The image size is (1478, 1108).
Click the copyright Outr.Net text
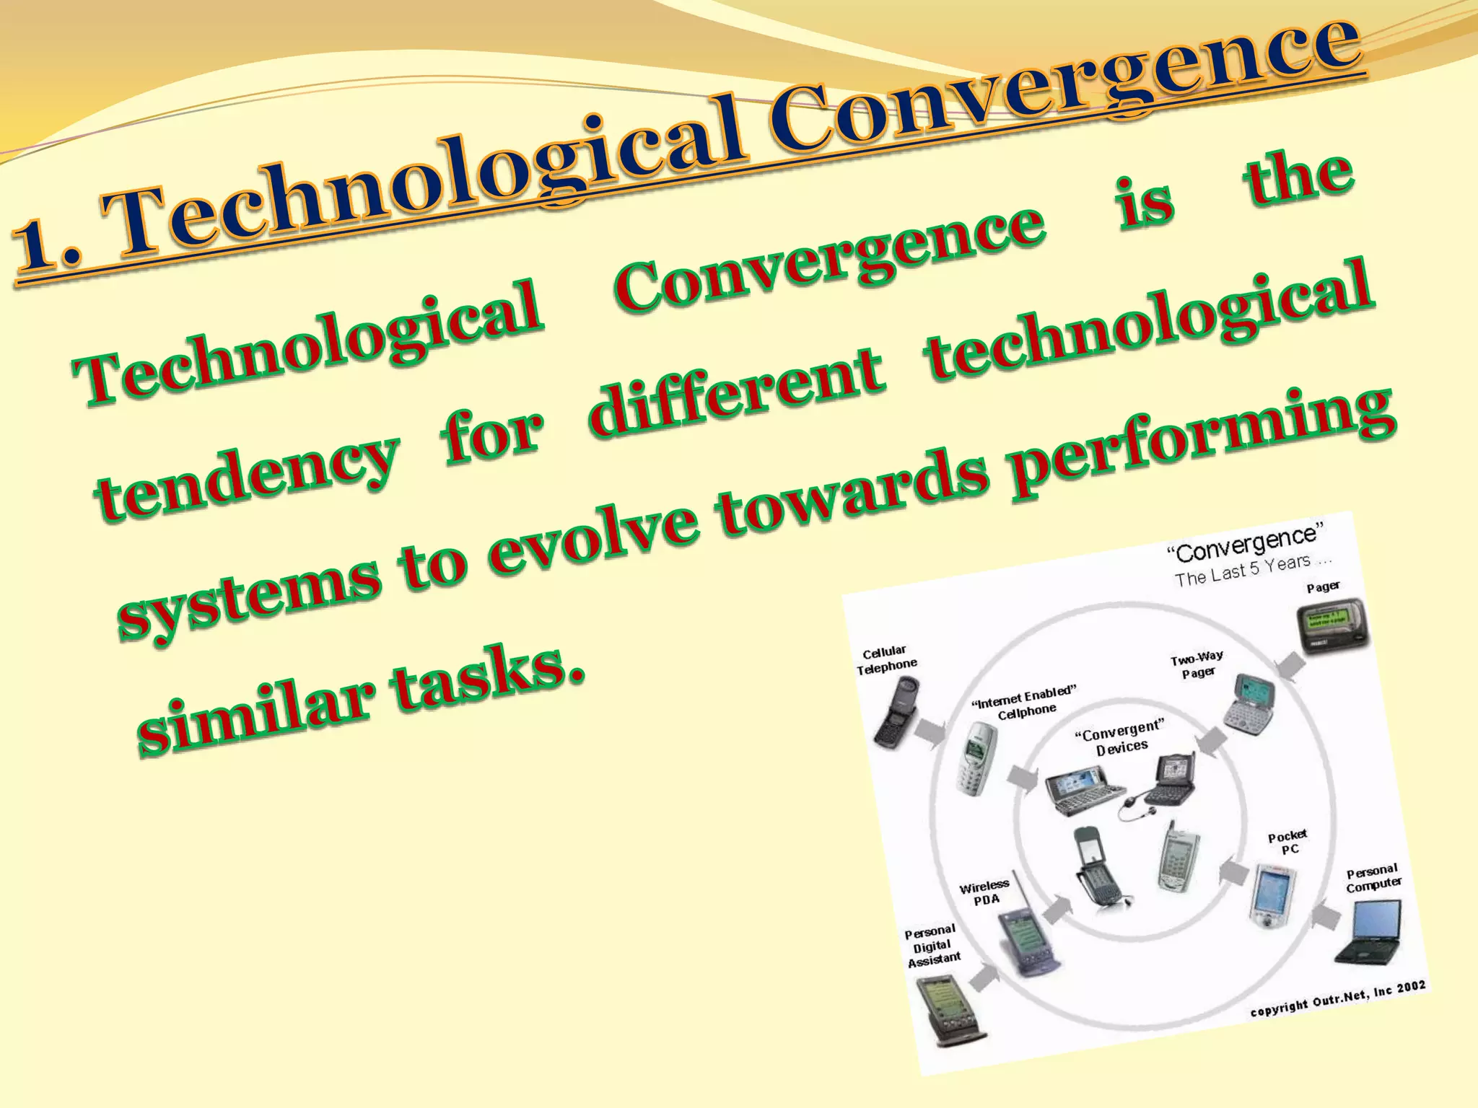click(1338, 999)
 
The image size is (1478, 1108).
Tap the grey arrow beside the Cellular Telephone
click(930, 731)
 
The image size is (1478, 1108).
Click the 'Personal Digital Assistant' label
click(932, 945)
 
